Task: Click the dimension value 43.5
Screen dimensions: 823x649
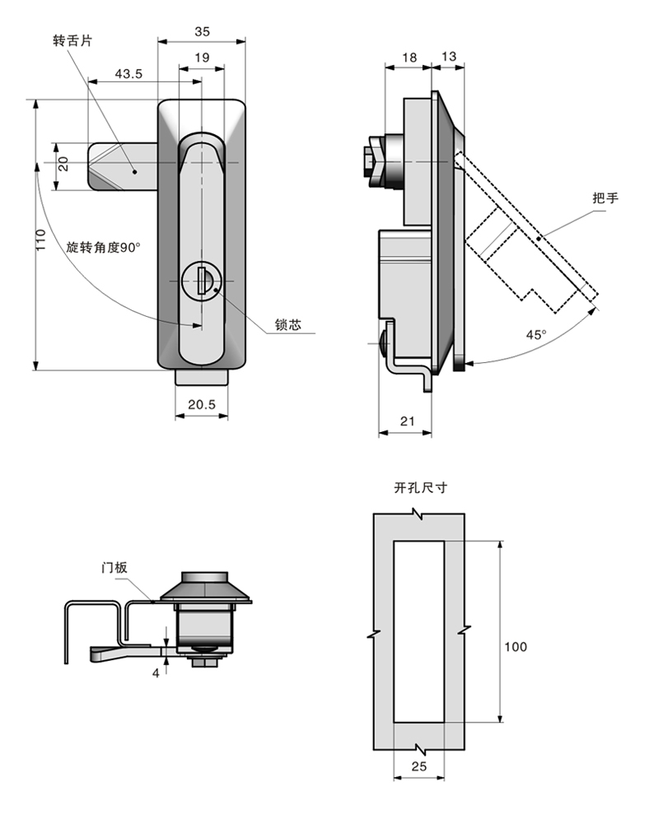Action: pyautogui.click(x=128, y=73)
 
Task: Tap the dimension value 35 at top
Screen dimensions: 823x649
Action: pyautogui.click(x=202, y=31)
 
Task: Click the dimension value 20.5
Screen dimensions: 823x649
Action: pyautogui.click(x=201, y=404)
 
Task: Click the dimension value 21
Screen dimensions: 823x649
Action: pyautogui.click(x=406, y=421)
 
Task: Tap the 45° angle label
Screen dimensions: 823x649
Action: pyautogui.click(x=536, y=334)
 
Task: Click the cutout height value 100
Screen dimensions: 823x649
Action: pyautogui.click(x=516, y=647)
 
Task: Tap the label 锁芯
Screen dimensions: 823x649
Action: pyautogui.click(x=288, y=326)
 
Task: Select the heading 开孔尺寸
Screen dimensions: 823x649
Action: pyautogui.click(x=420, y=488)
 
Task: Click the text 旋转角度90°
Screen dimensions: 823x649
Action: pyautogui.click(x=104, y=247)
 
